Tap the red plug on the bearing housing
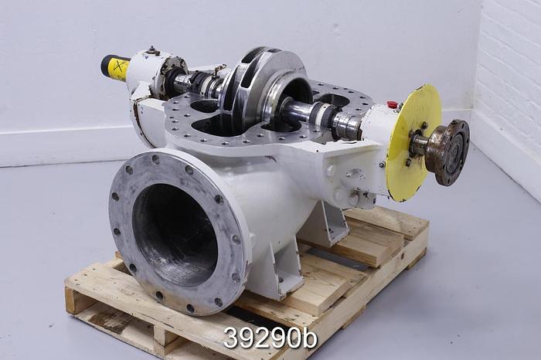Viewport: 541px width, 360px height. (393, 104)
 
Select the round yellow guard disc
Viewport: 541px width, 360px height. (416, 143)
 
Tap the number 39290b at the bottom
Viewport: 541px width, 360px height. (270, 338)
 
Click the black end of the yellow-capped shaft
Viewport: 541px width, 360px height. (104, 65)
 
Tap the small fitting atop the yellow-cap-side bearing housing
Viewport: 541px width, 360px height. (151, 53)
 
